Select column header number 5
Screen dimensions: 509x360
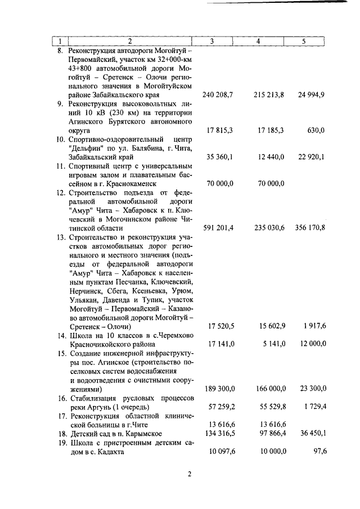pyautogui.click(x=303, y=41)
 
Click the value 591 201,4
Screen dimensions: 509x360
pyautogui.click(x=220, y=228)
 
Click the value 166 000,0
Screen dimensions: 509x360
pyautogui.click(x=267, y=389)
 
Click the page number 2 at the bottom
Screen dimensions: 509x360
pyautogui.click(x=190, y=474)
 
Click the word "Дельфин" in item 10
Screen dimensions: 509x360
pyautogui.click(x=85, y=148)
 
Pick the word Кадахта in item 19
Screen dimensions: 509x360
pyautogui.click(x=108, y=451)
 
